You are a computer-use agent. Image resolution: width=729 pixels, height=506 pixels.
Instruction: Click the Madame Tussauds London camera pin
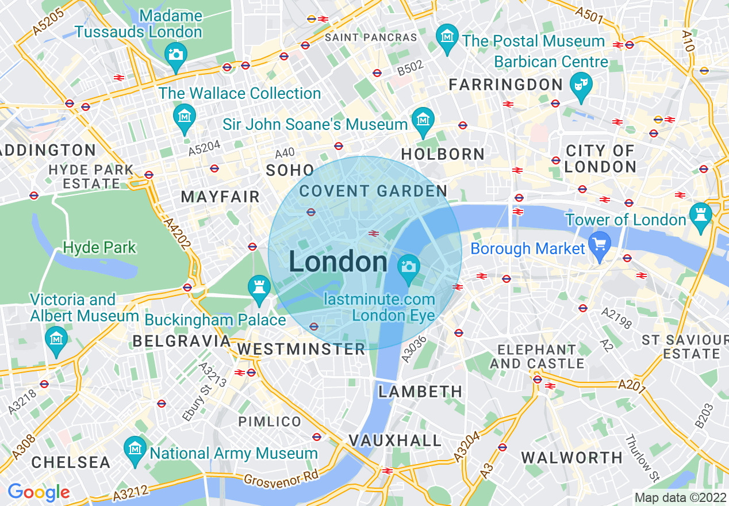click(175, 55)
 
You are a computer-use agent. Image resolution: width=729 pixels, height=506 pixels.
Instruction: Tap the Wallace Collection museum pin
click(185, 117)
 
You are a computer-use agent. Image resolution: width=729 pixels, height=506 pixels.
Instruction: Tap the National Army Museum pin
click(135, 448)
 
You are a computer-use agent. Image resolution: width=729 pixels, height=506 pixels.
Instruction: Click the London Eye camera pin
click(408, 267)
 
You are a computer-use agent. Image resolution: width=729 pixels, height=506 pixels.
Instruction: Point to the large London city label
click(338, 262)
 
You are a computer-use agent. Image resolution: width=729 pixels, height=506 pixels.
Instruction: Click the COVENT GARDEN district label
click(373, 191)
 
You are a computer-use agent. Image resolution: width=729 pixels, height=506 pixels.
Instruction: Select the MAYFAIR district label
click(220, 197)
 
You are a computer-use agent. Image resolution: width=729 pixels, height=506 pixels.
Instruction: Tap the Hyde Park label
click(99, 248)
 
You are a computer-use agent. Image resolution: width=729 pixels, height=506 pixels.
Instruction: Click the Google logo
click(39, 492)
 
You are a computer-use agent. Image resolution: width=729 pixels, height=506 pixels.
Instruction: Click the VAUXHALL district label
click(396, 441)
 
